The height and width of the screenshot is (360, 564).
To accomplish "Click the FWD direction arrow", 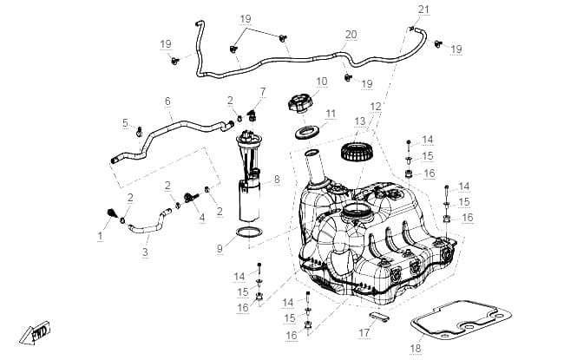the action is tap(35, 333).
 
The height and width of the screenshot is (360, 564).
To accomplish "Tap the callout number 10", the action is tap(322, 82).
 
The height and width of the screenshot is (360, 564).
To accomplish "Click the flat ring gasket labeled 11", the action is tap(308, 133).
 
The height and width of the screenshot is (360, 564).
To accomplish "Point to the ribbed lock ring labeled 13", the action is tap(356, 152).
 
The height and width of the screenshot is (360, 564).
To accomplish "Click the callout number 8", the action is tap(277, 179).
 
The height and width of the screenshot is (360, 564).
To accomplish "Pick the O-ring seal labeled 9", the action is tap(249, 232).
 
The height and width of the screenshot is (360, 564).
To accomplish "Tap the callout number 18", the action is tap(415, 348).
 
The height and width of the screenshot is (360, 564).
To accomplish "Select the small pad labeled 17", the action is tap(379, 317).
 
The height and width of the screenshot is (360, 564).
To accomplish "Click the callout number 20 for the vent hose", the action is tap(351, 35).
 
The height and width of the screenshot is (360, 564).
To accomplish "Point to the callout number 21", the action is tap(423, 10).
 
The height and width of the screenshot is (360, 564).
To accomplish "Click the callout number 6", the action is tap(167, 101).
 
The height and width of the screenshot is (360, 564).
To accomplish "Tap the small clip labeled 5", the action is tap(139, 132).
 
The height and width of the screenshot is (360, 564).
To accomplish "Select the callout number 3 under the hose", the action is tap(145, 252).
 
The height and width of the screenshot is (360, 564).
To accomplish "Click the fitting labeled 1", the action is tap(112, 213).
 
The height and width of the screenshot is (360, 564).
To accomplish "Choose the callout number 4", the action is tap(202, 218).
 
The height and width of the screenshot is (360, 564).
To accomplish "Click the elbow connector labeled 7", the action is tap(252, 115).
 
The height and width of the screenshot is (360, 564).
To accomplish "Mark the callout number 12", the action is tap(375, 107).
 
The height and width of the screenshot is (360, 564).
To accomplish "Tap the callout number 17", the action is tap(364, 332).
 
